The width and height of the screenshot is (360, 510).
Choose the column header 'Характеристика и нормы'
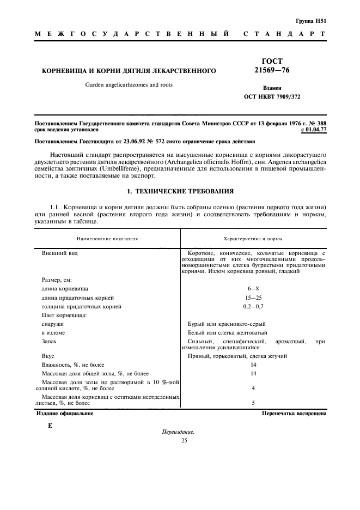(x=253, y=239)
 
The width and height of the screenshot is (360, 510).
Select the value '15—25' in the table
(x=253, y=297)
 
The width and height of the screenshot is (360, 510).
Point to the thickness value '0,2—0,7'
(x=253, y=306)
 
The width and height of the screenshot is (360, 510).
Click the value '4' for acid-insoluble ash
(x=253, y=388)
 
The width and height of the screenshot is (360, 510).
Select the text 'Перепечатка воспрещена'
(x=294, y=414)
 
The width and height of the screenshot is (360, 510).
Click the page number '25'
(x=184, y=440)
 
